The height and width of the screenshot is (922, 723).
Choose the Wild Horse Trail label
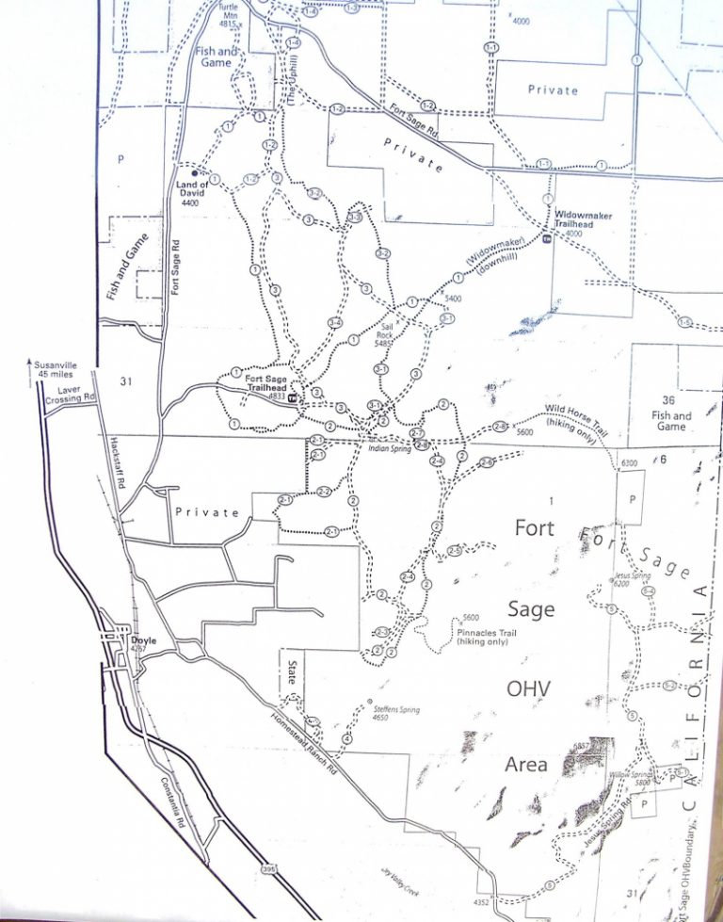coord(576,414)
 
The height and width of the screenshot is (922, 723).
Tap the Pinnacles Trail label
coord(485,636)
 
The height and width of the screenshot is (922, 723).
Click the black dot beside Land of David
coord(195,173)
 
